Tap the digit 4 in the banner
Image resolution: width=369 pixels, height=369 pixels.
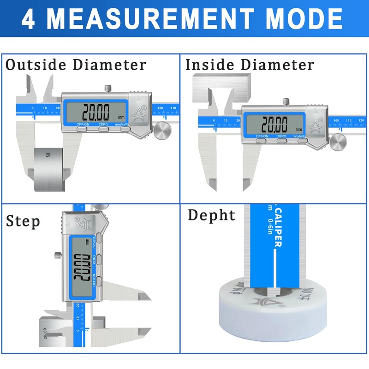point(28,20)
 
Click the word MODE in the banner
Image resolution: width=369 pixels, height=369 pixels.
point(304,20)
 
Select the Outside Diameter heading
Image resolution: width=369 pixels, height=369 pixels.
point(76,65)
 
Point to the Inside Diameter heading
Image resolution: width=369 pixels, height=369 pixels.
point(250,65)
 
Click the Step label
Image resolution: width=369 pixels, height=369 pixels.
point(23,221)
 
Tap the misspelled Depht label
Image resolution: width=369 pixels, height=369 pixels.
point(212,215)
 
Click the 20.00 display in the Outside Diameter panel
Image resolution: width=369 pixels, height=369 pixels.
point(96,112)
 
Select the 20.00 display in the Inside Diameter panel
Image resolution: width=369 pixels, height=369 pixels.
point(275,124)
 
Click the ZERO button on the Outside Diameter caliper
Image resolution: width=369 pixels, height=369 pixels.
point(103,129)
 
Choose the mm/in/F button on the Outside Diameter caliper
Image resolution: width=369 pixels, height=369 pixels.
point(125,129)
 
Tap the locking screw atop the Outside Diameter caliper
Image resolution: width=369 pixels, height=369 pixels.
point(108,88)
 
